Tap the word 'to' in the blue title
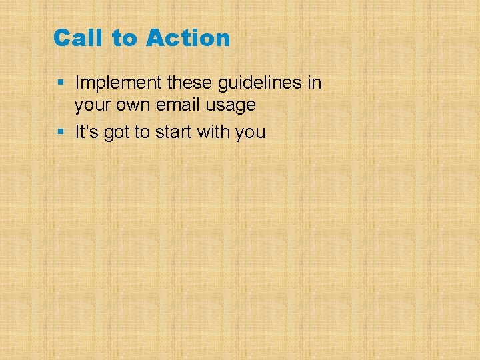click(x=123, y=38)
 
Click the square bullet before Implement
click(x=61, y=83)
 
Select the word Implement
click(x=117, y=83)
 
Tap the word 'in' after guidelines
click(x=315, y=83)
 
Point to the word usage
click(x=231, y=105)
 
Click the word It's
click(x=85, y=132)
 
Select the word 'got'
click(x=115, y=133)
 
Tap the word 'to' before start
click(x=142, y=132)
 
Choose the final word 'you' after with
click(x=251, y=133)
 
